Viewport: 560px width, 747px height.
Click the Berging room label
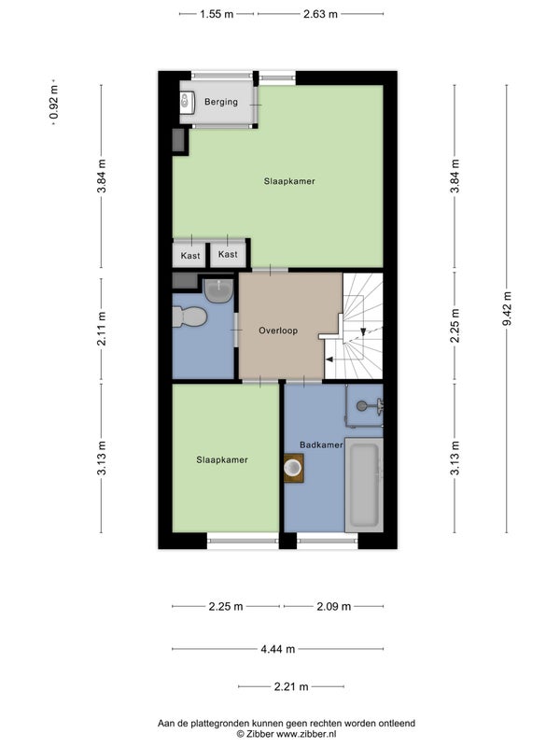(x=221, y=102)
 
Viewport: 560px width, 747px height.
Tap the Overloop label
(x=278, y=331)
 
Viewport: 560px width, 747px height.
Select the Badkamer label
(x=321, y=444)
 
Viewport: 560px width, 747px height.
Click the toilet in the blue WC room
(x=189, y=317)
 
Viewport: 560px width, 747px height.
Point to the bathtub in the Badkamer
(x=364, y=485)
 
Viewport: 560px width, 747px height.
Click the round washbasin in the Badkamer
(x=293, y=468)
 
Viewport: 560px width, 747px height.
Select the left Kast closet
(x=190, y=255)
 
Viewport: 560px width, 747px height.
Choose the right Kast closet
(x=228, y=254)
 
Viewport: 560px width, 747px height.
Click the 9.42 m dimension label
(x=507, y=309)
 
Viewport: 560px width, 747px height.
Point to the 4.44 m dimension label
(x=277, y=649)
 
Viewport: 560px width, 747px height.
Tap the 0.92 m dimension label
(x=54, y=102)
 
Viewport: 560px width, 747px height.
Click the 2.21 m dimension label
(x=291, y=686)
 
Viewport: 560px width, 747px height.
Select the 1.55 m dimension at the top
(x=217, y=14)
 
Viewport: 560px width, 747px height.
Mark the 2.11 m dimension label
(x=102, y=329)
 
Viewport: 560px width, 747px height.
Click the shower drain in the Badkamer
(x=362, y=405)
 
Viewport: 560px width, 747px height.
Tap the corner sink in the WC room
(x=218, y=290)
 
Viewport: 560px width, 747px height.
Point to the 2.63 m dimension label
(x=320, y=14)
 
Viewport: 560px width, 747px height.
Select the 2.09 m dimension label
(x=334, y=606)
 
